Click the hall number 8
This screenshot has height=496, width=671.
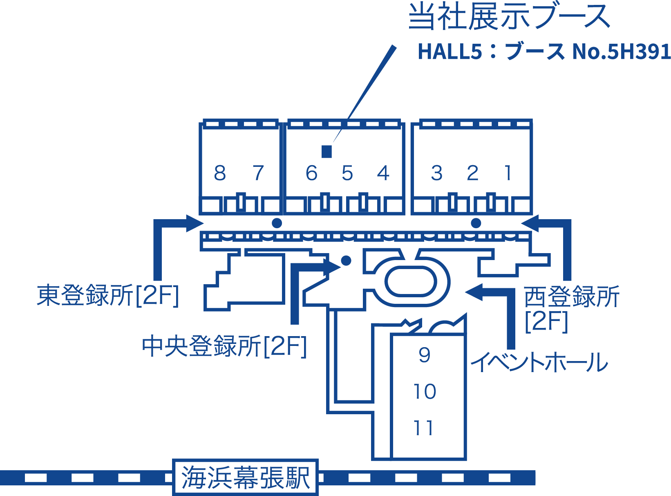(x=220, y=173)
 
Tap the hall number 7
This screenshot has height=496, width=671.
(x=258, y=173)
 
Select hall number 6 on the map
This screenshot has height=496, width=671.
(x=311, y=173)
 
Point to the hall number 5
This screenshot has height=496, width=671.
(x=347, y=173)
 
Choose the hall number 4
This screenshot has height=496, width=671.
(x=383, y=173)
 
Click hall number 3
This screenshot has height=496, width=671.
(x=437, y=173)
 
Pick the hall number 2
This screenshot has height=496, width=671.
(x=473, y=173)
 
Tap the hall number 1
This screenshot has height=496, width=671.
(x=508, y=173)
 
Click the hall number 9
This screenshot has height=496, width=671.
(x=425, y=355)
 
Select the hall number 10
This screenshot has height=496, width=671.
(x=425, y=392)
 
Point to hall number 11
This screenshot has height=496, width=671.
(x=423, y=428)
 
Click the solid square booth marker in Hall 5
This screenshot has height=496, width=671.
(x=327, y=152)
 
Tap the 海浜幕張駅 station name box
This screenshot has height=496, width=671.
(x=245, y=477)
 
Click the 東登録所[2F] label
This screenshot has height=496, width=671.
(x=108, y=295)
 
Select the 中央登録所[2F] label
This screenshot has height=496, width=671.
(x=224, y=346)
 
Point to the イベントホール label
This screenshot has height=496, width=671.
(x=539, y=362)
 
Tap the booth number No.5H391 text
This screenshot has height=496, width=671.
(x=621, y=52)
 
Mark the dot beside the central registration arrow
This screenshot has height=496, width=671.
(x=346, y=260)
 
